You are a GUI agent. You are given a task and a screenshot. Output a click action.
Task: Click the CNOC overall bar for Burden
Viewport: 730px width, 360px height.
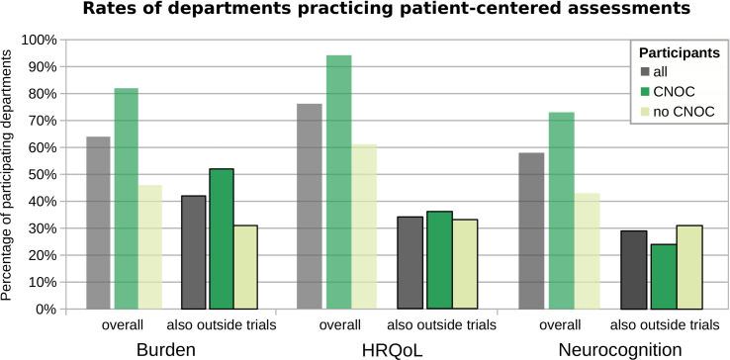point(127,198)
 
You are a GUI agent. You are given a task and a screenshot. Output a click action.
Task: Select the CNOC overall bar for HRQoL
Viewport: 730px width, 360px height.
point(339,182)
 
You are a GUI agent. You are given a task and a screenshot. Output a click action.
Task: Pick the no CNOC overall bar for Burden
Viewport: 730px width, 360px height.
point(149,246)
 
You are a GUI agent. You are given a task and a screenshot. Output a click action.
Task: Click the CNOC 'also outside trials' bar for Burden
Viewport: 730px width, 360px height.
point(221,238)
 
